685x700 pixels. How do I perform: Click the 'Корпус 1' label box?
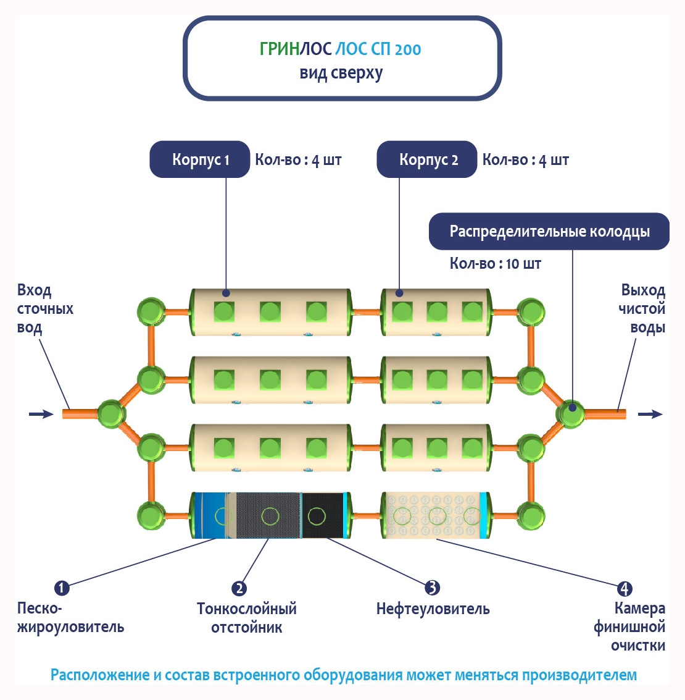(x=200, y=160)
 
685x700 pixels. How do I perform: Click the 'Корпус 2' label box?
(x=427, y=160)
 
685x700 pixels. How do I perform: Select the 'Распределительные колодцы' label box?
(x=549, y=232)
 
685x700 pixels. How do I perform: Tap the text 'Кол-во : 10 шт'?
(x=496, y=264)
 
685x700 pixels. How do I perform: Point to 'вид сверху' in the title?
(x=341, y=74)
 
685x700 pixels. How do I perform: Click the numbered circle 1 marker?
(x=62, y=588)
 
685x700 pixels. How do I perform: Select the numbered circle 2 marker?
(x=239, y=588)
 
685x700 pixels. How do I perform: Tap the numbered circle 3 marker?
(x=433, y=588)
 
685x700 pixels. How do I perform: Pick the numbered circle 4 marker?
(x=625, y=588)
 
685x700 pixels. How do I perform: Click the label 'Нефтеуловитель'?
(x=433, y=609)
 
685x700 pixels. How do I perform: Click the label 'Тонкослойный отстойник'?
(x=246, y=618)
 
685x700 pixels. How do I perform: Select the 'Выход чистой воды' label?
(x=642, y=308)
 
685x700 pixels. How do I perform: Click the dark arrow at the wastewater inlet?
(x=41, y=414)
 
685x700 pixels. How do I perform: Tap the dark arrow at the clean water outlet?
(x=650, y=414)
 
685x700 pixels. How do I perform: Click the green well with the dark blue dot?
(x=571, y=413)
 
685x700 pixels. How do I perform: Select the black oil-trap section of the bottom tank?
(x=322, y=515)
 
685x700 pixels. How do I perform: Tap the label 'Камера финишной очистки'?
(x=629, y=626)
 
